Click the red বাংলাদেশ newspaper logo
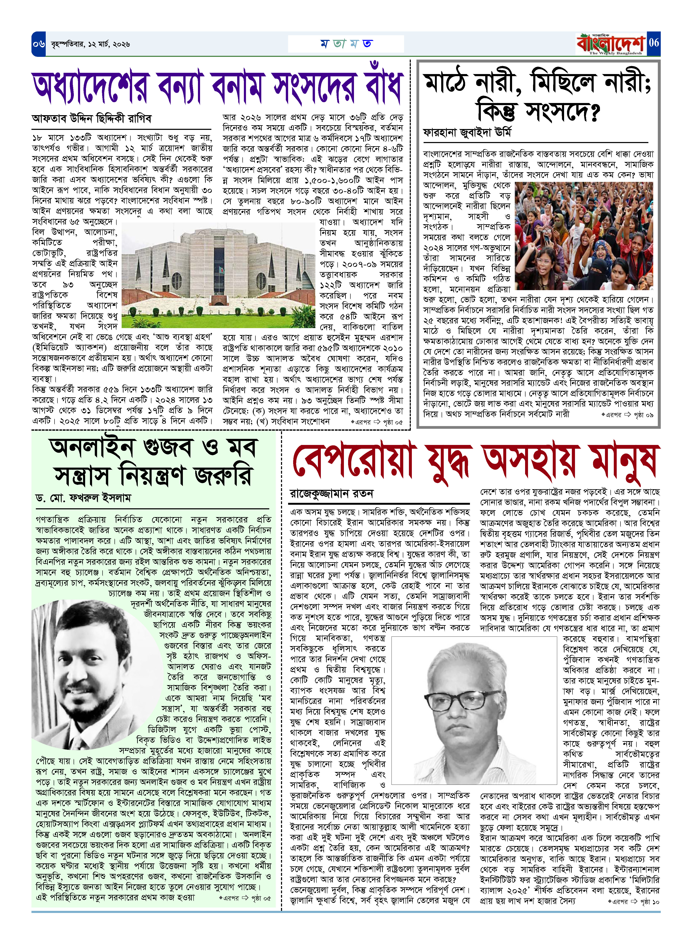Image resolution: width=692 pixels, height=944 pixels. point(611,44)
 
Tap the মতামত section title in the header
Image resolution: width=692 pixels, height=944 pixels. point(346,44)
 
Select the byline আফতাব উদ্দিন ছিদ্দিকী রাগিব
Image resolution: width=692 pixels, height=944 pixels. point(92,119)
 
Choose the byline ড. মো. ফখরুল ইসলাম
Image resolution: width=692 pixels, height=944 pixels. point(83,498)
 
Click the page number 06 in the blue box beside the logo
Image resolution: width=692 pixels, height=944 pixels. point(653,43)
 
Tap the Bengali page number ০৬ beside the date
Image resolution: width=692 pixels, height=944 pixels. point(39,44)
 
